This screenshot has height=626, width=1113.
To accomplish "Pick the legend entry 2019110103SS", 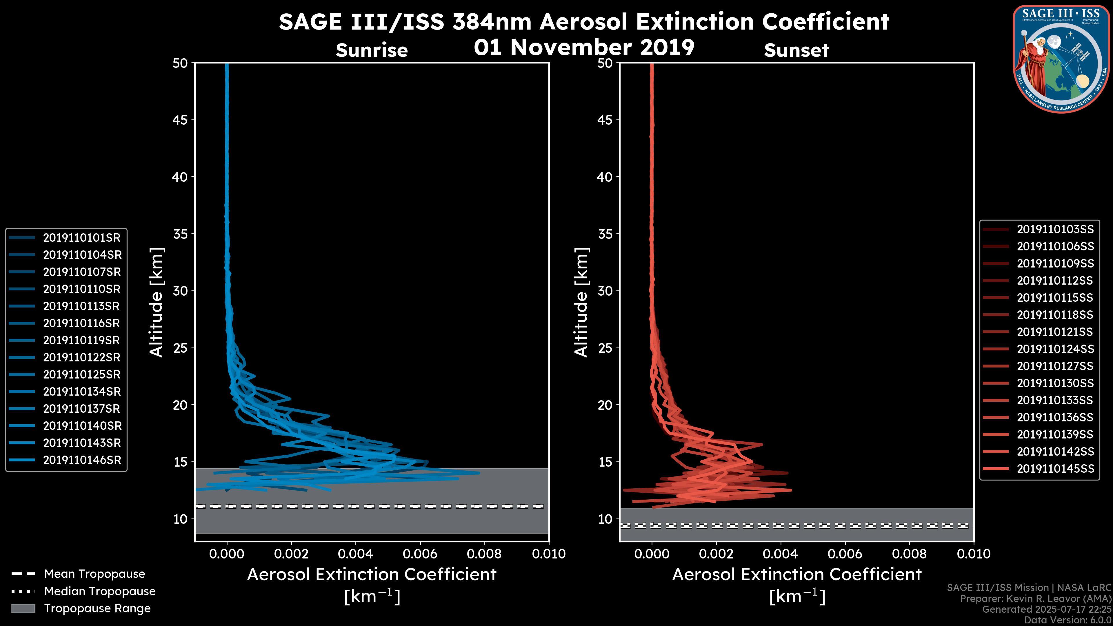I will click(1055, 230).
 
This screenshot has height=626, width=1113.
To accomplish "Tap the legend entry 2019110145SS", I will click(1055, 469).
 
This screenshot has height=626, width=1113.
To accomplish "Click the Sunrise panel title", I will click(372, 50).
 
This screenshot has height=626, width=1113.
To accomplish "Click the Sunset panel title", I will click(796, 50).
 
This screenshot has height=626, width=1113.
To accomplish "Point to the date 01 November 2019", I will click(584, 48).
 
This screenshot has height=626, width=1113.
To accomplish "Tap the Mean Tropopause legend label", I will click(94, 574).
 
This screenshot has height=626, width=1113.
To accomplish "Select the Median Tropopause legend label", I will click(100, 592).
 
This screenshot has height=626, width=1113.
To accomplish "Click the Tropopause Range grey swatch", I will click(23, 609).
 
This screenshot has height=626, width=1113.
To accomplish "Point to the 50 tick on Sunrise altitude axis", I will click(181, 63).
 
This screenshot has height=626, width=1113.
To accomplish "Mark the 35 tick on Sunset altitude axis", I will click(605, 234).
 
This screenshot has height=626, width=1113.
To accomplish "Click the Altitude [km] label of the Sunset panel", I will click(581, 302).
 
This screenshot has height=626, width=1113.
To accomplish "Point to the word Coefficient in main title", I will click(825, 22).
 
